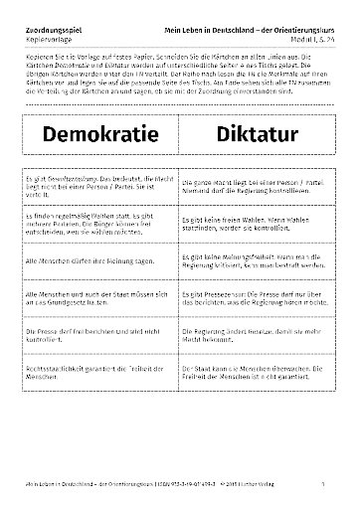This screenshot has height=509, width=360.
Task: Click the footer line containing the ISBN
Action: click(x=149, y=483)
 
